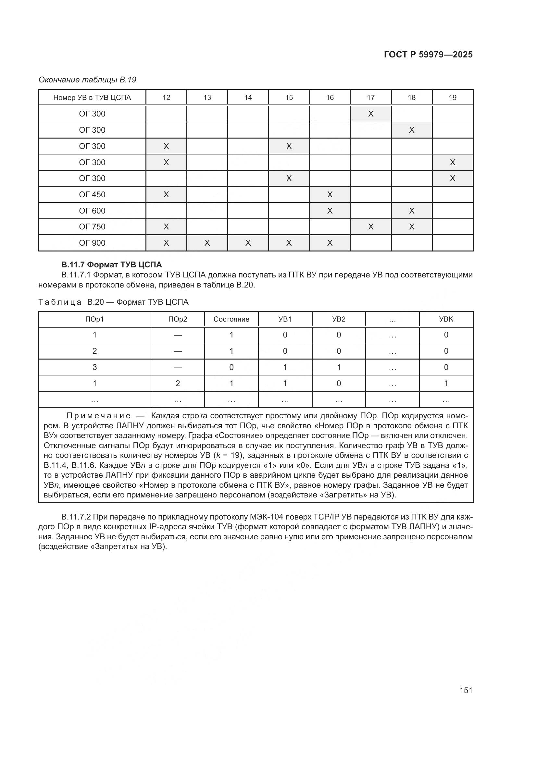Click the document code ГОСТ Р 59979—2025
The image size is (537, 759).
coord(428,55)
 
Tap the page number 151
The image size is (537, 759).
coord(466,690)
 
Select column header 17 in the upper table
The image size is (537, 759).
coord(371,98)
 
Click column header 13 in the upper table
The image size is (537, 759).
coord(207,98)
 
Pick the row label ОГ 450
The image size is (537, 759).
coord(92,195)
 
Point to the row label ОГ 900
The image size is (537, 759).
coord(92,243)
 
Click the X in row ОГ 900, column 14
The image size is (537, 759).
coord(248,243)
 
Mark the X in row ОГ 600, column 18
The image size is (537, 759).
coord(412,211)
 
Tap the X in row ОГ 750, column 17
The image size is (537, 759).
coord(371,227)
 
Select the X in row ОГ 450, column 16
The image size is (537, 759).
coord(330,195)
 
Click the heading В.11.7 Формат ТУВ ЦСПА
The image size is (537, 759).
coord(111,265)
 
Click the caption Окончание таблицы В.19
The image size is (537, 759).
coord(87,80)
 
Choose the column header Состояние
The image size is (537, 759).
coord(231,319)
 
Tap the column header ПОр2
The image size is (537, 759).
coord(178,319)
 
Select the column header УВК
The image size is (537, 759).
coord(446,319)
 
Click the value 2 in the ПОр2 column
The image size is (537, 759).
coord(178,384)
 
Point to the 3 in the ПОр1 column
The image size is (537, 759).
coord(94,367)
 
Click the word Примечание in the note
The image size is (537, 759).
coord(99,416)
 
